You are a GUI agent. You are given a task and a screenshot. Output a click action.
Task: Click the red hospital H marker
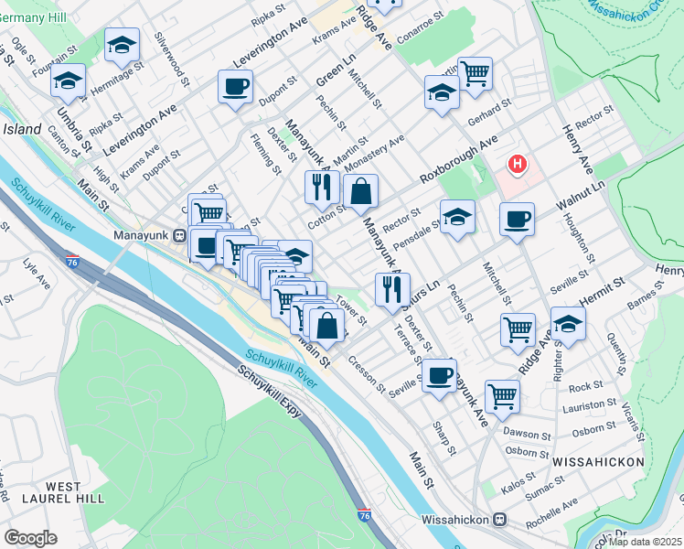pyautogui.click(x=518, y=165)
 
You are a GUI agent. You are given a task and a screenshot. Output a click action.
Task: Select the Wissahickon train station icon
pyautogui.click(x=499, y=519)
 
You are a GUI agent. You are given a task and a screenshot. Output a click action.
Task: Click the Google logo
pyautogui.click(x=30, y=538)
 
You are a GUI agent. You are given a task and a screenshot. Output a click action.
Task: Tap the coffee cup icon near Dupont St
pyautogui.click(x=235, y=87)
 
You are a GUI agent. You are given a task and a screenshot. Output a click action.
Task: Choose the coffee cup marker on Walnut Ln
pyautogui.click(x=517, y=220)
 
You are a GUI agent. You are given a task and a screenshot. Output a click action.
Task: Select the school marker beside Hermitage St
pyautogui.click(x=122, y=46)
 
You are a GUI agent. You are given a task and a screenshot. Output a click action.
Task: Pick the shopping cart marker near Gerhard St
pyautogui.click(x=475, y=73)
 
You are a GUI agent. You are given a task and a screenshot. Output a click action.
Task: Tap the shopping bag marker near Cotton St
pyautogui.click(x=361, y=191)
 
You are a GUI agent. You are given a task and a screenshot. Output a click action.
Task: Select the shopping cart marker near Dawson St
pyautogui.click(x=502, y=396)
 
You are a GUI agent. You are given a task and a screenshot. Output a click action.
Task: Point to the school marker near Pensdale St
pyautogui.click(x=457, y=217)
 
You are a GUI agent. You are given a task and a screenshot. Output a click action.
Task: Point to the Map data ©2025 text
pyautogui.click(x=645, y=541)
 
